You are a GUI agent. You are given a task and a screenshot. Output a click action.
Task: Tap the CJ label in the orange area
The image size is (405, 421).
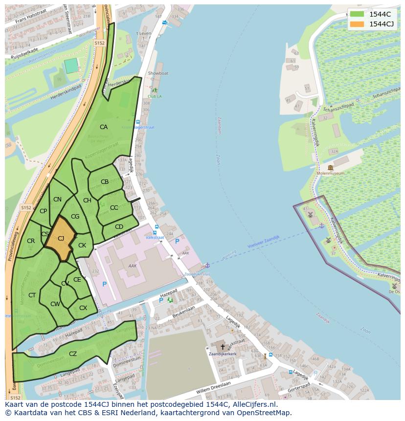[x=61, y=239]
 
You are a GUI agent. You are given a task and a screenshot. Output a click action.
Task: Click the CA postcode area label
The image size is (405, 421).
[x=104, y=127]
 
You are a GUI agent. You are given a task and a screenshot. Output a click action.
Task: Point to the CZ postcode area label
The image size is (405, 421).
[x=73, y=354]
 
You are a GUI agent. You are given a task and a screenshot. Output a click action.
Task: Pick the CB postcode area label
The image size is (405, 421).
[x=105, y=182]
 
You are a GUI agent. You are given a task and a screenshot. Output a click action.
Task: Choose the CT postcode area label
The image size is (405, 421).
[x=32, y=295]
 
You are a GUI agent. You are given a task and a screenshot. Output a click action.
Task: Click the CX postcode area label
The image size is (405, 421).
[x=83, y=308]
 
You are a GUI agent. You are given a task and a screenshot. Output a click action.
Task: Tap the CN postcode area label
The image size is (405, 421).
[x=58, y=199]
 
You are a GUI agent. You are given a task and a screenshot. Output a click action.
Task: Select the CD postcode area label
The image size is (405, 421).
[x=119, y=227]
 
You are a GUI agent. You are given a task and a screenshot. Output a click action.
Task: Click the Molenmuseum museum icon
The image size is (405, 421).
[x=331, y=168]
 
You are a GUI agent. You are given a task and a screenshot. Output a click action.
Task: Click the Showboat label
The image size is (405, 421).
[x=158, y=73]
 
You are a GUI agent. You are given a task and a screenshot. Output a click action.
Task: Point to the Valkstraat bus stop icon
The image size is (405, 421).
[x=156, y=227]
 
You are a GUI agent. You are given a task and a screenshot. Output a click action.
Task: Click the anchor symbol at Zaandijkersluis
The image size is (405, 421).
[x=207, y=265]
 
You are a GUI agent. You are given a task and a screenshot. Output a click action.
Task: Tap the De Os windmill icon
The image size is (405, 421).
[x=394, y=286]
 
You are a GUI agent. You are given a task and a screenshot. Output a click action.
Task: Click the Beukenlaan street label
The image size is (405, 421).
[x=183, y=310]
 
